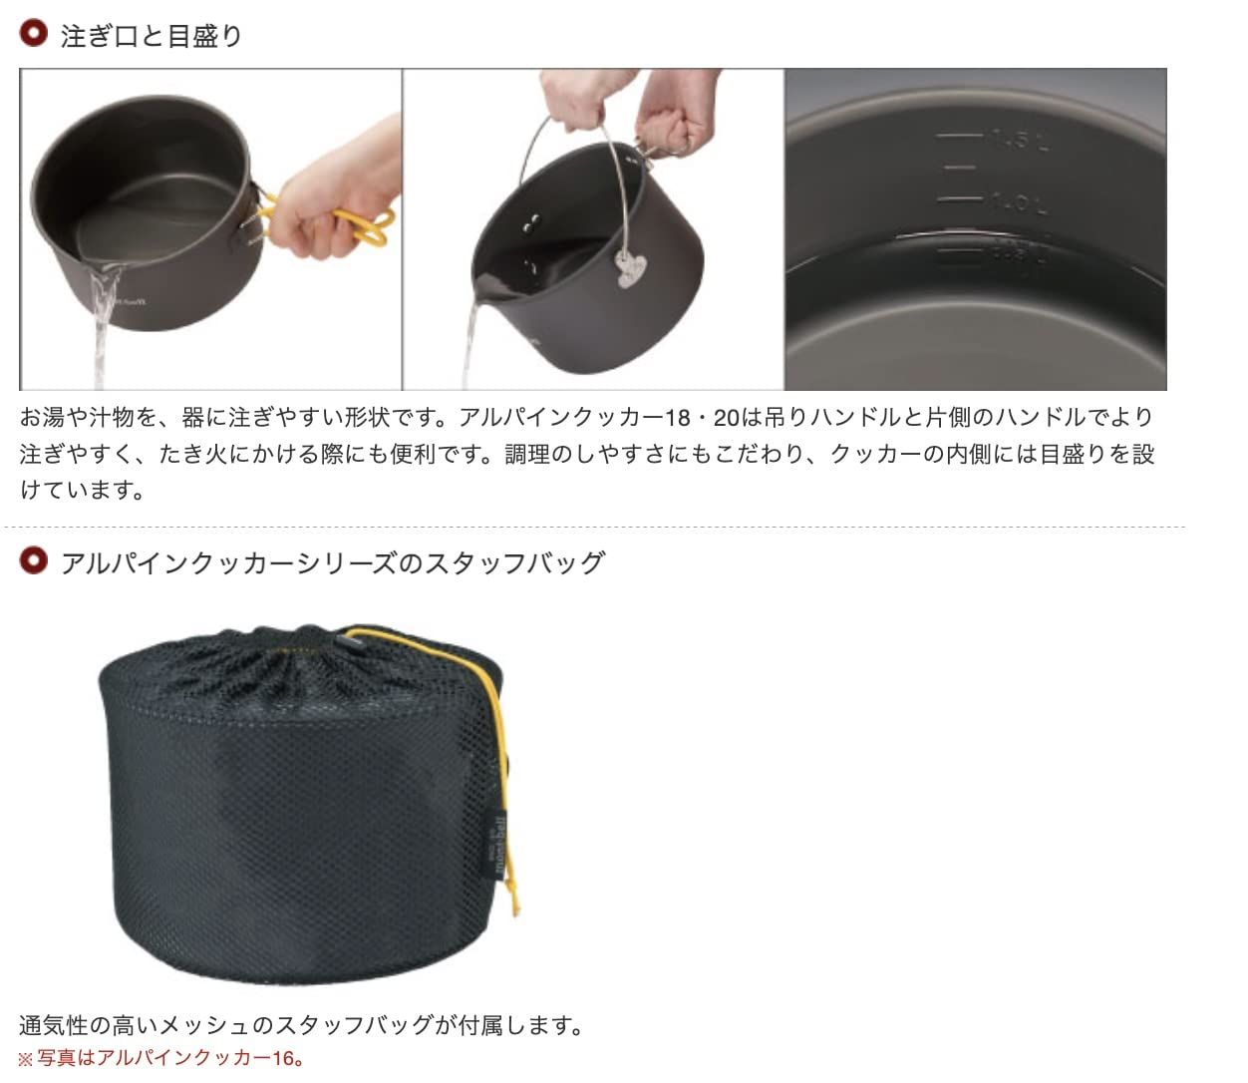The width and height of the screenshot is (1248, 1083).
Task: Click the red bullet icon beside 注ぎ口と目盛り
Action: click(34, 34)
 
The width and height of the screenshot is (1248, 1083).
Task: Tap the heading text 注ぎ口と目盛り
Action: click(151, 36)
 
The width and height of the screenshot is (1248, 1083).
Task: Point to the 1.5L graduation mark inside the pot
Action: click(1017, 139)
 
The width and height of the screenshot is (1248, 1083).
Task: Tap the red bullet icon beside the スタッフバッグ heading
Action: click(34, 560)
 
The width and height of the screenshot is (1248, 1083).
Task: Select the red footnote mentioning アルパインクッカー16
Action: click(161, 1058)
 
